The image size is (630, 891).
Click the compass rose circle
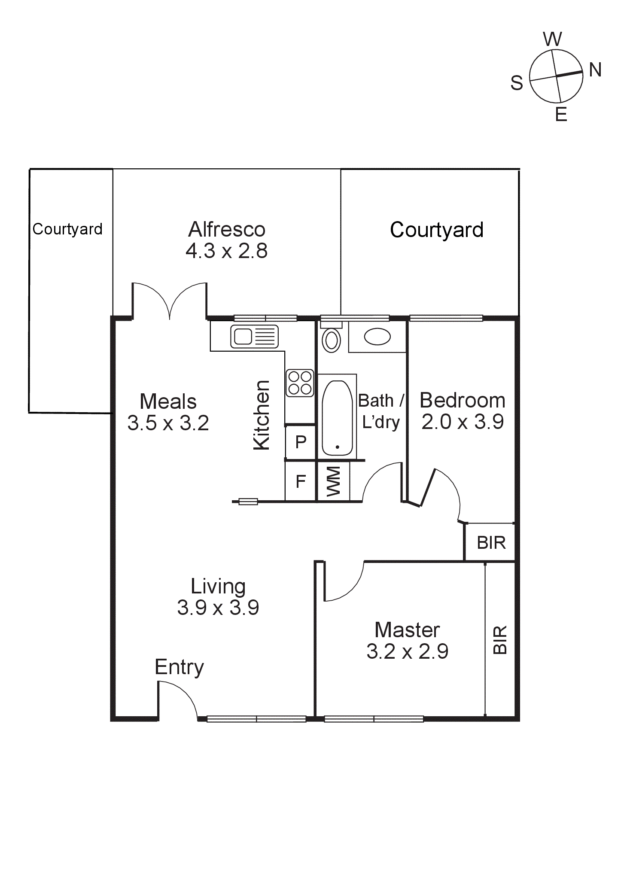(x=556, y=76)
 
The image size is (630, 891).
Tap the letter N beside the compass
(x=595, y=70)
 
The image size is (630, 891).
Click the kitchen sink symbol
(x=254, y=336)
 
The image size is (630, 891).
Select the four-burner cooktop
(x=300, y=383)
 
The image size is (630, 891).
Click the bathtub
(x=337, y=418)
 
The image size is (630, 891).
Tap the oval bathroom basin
(x=377, y=337)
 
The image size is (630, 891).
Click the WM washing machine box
(x=333, y=481)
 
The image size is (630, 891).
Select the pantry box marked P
(x=301, y=442)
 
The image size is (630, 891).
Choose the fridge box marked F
(x=301, y=481)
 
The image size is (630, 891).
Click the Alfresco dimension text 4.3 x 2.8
(x=227, y=251)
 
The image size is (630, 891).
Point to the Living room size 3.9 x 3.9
(x=218, y=608)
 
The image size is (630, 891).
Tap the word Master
(x=407, y=630)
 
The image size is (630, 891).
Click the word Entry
(x=179, y=667)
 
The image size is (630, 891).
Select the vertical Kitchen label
(x=262, y=415)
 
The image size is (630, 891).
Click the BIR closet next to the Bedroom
(x=491, y=543)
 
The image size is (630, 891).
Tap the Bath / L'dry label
(x=381, y=411)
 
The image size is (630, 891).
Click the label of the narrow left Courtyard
(x=67, y=229)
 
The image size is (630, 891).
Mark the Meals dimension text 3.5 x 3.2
(x=168, y=423)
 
